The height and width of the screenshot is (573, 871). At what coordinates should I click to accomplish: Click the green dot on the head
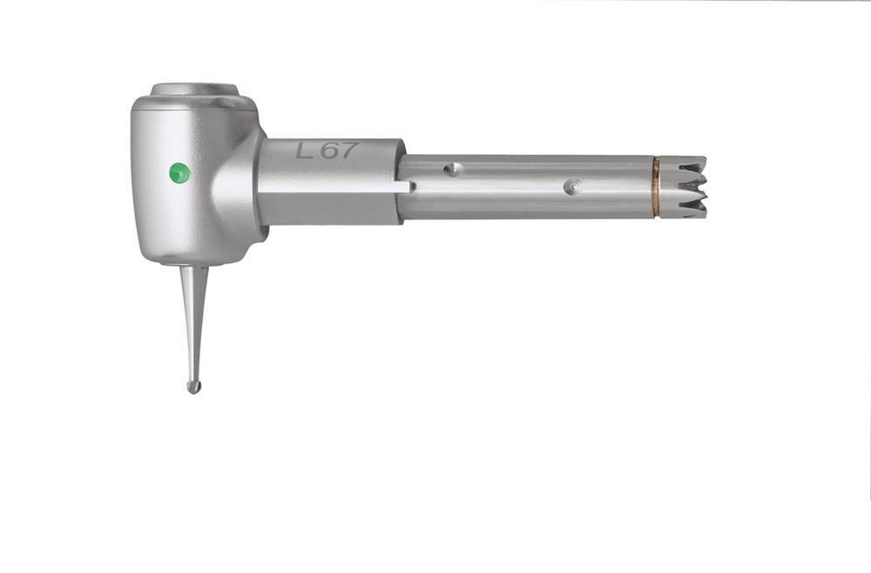179,172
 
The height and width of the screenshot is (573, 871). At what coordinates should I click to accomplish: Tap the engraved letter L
304,151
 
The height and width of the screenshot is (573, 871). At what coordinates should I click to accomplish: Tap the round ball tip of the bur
193,387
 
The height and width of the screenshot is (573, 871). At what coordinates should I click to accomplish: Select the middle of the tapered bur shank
194,322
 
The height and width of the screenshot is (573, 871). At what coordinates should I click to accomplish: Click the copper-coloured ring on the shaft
656,187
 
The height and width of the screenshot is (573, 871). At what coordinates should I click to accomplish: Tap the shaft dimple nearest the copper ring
570,187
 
